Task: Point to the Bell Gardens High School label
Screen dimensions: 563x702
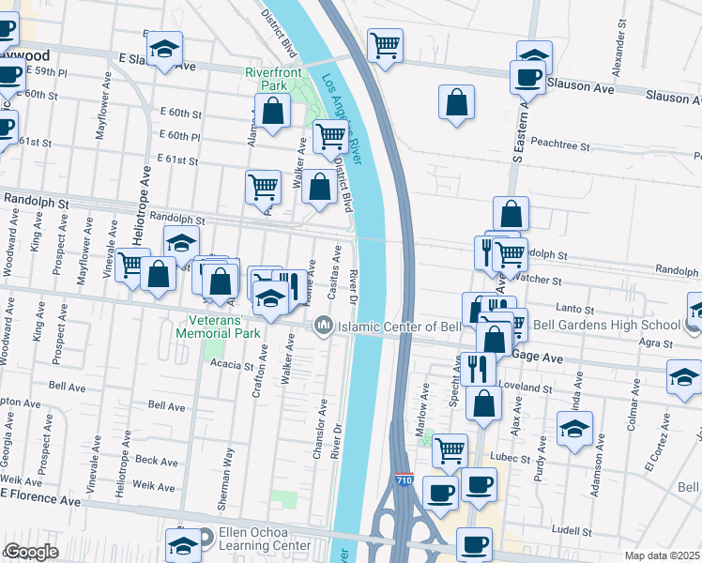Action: pyautogui.click(x=606, y=326)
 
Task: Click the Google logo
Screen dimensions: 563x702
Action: pyautogui.click(x=31, y=552)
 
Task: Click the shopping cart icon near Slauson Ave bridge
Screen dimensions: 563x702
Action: pyautogui.click(x=385, y=44)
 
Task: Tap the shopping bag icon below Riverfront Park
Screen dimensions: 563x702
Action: pyautogui.click(x=272, y=112)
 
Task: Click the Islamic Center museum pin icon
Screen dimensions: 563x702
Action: pyautogui.click(x=324, y=325)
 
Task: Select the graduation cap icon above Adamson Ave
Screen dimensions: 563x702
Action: pyautogui.click(x=574, y=429)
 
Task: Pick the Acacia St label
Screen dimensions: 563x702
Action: pyautogui.click(x=233, y=364)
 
